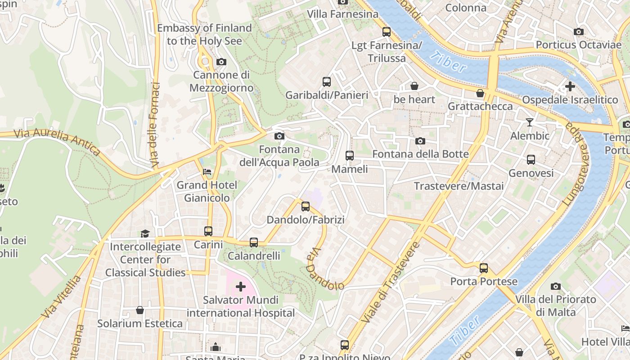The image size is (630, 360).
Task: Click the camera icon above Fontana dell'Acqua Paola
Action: coord(279,136)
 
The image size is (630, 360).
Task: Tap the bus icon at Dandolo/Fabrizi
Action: coord(306,207)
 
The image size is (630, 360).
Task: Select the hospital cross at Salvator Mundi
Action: coord(241,286)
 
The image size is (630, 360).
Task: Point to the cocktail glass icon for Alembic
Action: coord(530,122)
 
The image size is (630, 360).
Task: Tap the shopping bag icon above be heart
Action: coord(414,86)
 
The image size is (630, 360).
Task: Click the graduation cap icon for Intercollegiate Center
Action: coord(145,233)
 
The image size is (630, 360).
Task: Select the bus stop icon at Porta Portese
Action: coord(484,268)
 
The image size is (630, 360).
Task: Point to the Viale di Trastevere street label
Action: coord(391,283)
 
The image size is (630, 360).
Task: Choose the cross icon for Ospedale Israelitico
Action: coord(570,86)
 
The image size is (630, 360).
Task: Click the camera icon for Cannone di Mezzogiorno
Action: coord(221,62)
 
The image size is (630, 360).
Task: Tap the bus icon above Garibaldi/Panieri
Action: coord(327,82)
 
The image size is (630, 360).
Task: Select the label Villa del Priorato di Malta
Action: coord(556,306)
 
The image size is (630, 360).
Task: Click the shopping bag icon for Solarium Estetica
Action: coord(140,310)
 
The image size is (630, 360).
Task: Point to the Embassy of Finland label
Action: coord(204,34)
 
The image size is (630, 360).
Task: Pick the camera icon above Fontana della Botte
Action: coord(420,141)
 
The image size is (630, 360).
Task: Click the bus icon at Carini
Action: coord(208,231)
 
